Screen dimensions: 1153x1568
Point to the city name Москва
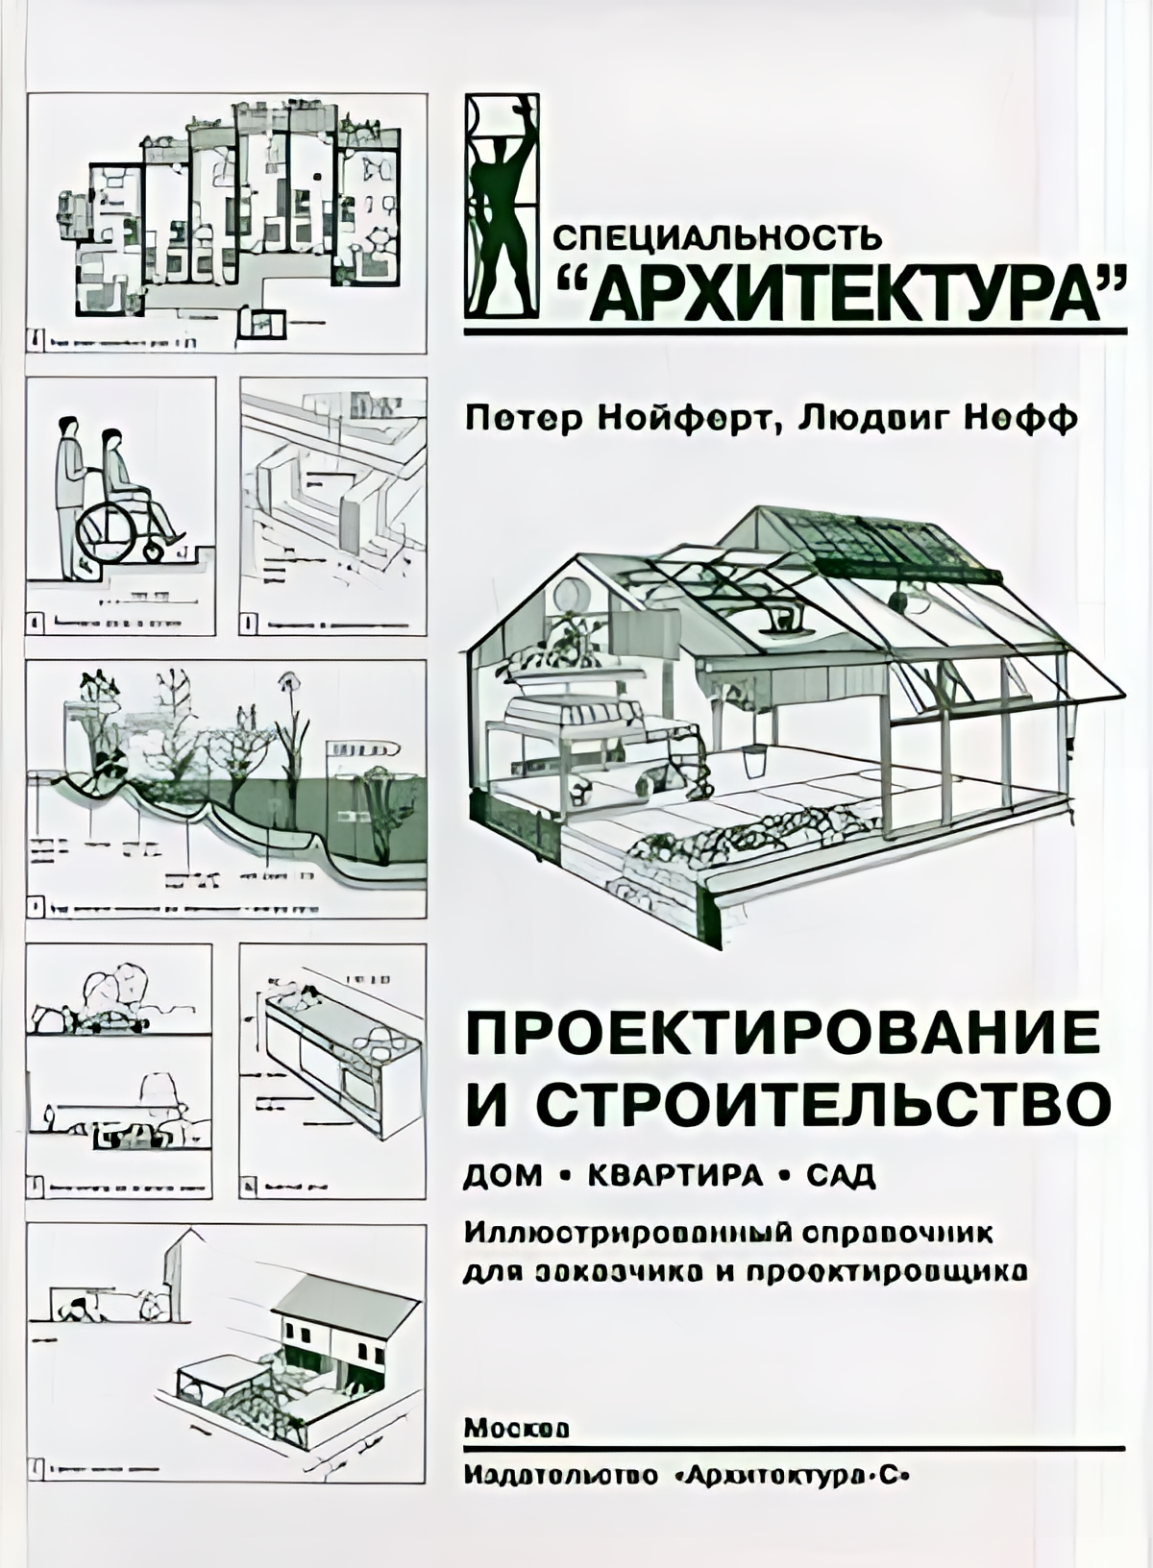point(516,1429)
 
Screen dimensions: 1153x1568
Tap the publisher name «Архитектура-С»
point(789,1476)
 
